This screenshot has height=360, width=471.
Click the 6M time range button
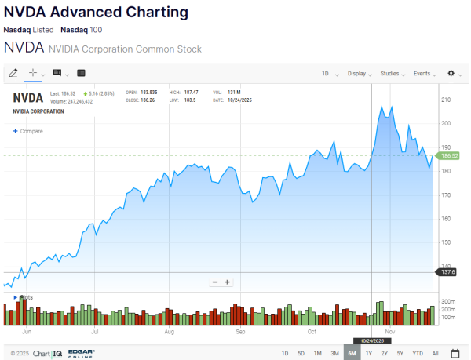352,354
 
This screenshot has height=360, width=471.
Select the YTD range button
417,354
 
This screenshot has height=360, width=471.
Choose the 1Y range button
368,354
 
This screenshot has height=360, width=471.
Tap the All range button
435,354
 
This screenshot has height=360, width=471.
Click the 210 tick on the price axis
446,100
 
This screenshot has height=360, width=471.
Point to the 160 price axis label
446,219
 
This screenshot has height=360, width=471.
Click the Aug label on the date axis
169,332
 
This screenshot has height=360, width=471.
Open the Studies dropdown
392,74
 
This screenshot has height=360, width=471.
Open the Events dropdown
424,74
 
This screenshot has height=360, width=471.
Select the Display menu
359,74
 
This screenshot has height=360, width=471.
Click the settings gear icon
451,74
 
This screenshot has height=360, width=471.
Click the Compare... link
31,131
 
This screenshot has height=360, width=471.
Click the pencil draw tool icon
13,73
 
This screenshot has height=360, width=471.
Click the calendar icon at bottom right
455,354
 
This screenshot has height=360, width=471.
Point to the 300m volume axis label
449,301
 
